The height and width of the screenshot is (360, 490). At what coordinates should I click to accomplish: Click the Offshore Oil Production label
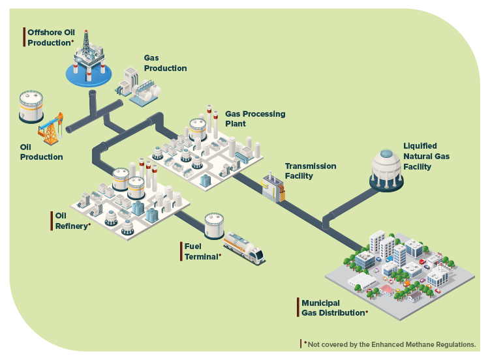coord(50,37)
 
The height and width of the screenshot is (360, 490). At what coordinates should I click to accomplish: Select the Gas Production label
coord(165,63)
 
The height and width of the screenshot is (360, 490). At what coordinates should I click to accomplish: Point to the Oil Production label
coord(41,152)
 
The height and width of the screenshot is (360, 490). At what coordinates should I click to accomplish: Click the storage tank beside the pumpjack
coord(31,106)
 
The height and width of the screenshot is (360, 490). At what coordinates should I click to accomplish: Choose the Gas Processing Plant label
coord(255,118)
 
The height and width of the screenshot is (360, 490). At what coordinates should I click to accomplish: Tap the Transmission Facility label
coord(311,171)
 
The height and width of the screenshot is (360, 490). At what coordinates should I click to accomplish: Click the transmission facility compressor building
coord(274,187)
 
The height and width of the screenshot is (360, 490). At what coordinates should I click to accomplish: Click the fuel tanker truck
coord(244,249)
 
